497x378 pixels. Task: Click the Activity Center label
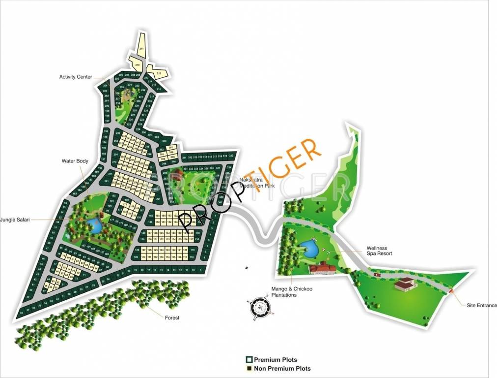click(x=76, y=77)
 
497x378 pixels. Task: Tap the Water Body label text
click(x=75, y=160)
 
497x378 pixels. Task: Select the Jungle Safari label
click(x=16, y=220)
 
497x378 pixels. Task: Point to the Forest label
click(x=172, y=318)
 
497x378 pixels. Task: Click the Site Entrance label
click(x=481, y=306)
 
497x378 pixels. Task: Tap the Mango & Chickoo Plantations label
click(x=284, y=292)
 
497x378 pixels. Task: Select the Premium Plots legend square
click(x=249, y=360)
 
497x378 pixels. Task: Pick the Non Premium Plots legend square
click(x=249, y=369)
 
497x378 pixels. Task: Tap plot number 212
click(x=159, y=73)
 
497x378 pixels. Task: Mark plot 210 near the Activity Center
click(x=137, y=65)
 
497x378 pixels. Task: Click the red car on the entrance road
click(x=376, y=275)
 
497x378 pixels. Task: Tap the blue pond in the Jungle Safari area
click(x=93, y=226)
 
